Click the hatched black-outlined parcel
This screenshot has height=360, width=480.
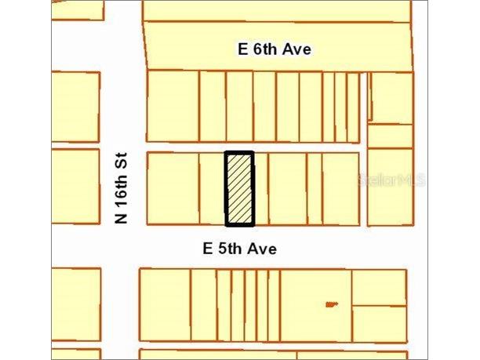[239, 189]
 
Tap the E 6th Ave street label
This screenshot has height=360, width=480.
[275, 49]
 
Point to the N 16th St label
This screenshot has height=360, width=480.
[122, 187]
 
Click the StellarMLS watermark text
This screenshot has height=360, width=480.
[392, 180]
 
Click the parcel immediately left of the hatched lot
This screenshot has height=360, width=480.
[213, 189]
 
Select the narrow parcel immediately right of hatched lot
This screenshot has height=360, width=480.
[261, 189]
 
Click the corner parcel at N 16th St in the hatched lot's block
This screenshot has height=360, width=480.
[173, 189]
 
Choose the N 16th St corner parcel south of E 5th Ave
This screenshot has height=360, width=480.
[165, 305]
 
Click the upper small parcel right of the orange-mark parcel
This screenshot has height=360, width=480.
[379, 287]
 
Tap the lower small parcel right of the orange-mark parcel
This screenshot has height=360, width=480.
[379, 323]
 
